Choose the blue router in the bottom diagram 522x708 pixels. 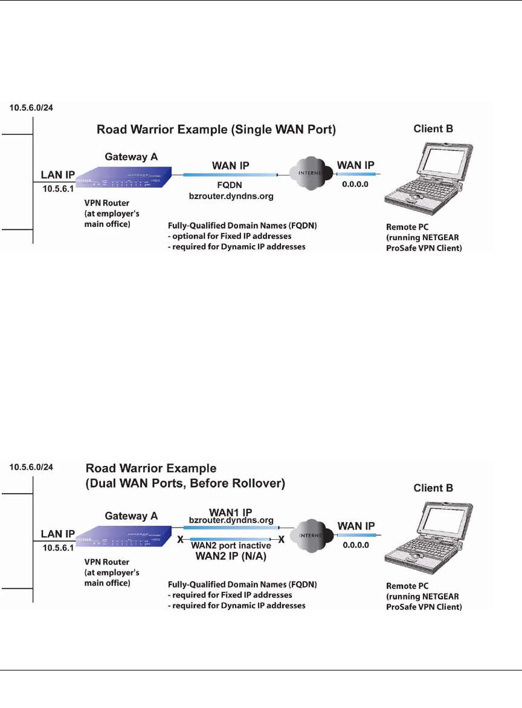click(x=124, y=534)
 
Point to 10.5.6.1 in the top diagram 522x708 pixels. click(x=57, y=190)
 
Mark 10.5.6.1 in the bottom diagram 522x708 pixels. click(x=57, y=546)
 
